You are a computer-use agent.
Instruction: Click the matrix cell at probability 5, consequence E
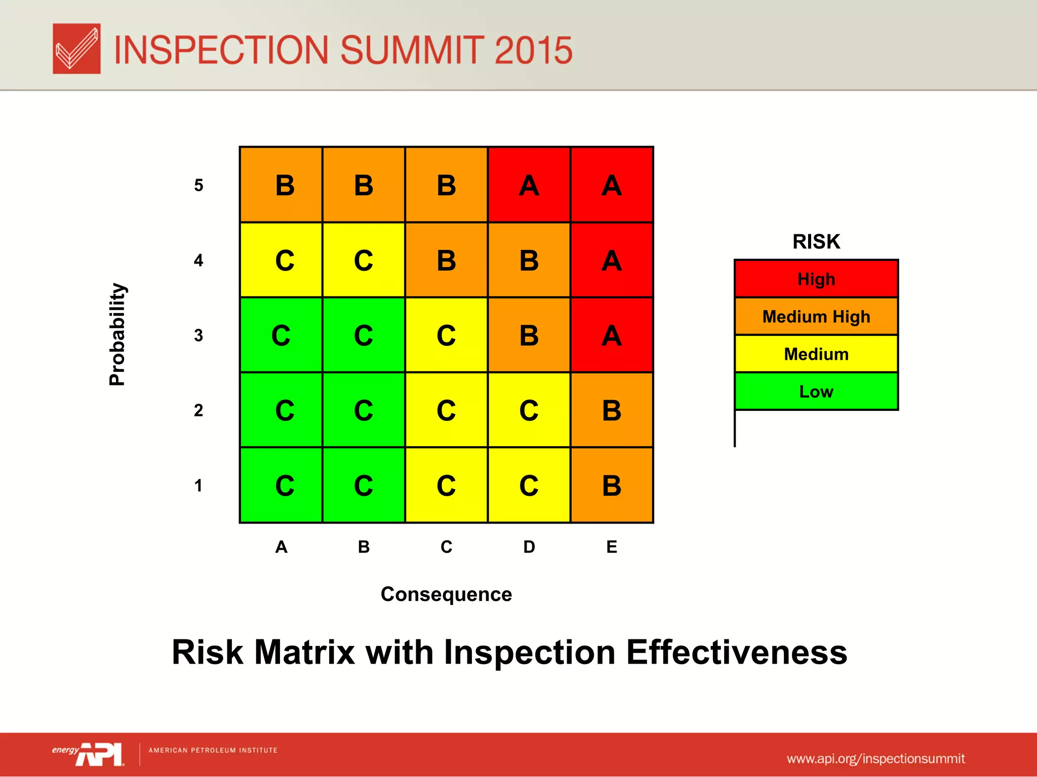(x=612, y=185)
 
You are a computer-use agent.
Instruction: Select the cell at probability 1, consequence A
(x=281, y=485)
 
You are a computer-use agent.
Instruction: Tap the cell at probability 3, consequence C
(x=446, y=335)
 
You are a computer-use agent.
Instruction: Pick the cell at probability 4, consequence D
(x=529, y=260)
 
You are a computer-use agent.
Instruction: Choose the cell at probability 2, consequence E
(x=612, y=410)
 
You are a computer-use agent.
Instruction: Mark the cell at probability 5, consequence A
(x=281, y=185)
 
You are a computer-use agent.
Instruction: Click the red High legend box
(x=816, y=279)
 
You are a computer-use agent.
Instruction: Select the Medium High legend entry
(x=816, y=317)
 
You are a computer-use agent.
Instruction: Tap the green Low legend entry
(x=816, y=392)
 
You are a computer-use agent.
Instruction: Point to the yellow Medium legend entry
(x=816, y=354)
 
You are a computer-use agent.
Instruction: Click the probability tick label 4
(x=198, y=261)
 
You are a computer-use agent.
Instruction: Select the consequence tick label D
(x=529, y=547)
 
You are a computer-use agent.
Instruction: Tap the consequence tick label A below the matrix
(x=281, y=547)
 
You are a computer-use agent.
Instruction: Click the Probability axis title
(x=117, y=334)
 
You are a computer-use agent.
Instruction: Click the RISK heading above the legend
(x=816, y=242)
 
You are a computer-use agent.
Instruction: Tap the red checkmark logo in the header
(x=76, y=49)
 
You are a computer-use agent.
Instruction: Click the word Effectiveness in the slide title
(x=737, y=653)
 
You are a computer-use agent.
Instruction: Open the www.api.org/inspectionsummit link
(x=875, y=759)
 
